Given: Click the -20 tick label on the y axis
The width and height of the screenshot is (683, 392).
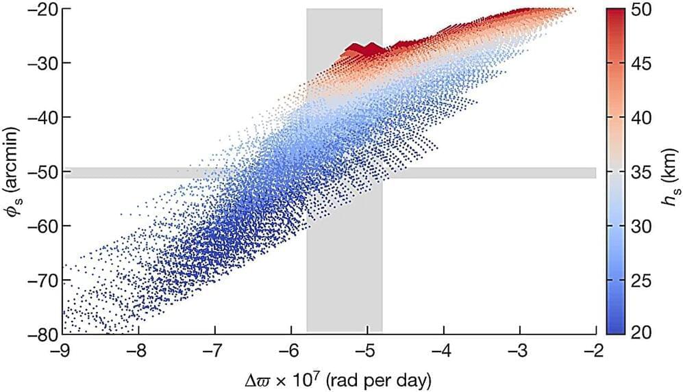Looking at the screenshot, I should tap(40, 9).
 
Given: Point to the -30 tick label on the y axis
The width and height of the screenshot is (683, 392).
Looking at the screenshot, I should tap(40, 63).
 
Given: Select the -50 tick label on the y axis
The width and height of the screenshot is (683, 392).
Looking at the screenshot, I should tap(40, 172).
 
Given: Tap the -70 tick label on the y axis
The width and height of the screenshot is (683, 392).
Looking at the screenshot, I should tap(40, 280).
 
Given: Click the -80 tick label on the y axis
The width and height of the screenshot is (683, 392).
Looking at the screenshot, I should tap(40, 335).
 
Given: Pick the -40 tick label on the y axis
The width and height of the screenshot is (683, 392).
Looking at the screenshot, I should tap(40, 118).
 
